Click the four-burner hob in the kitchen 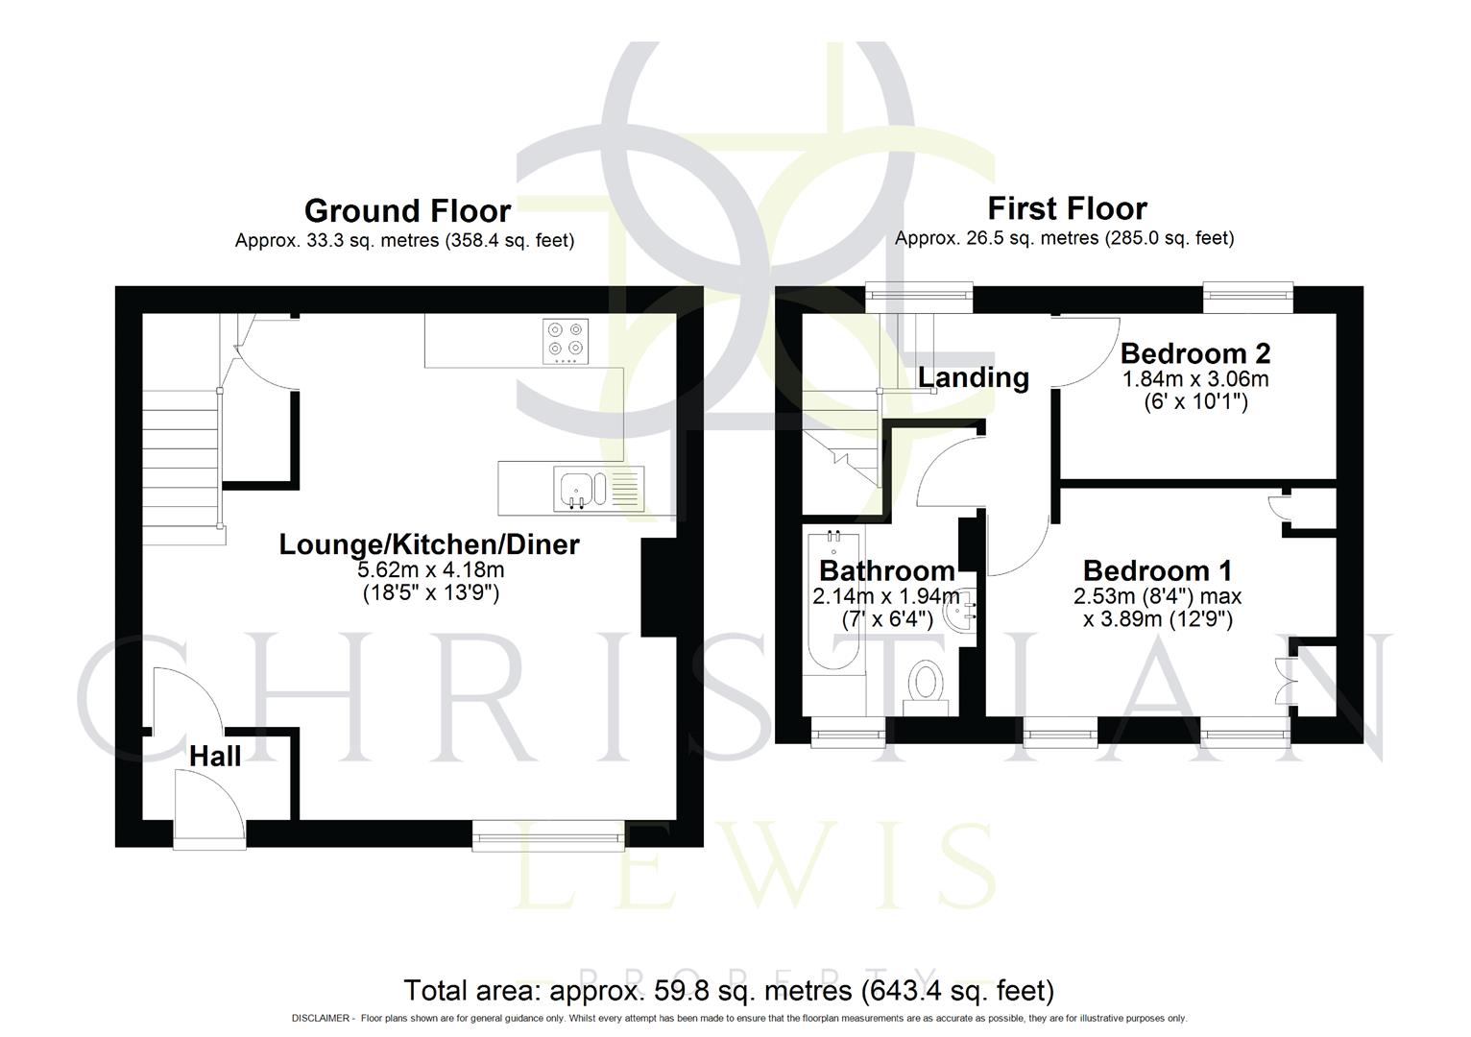click(564, 341)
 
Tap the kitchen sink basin click(577, 487)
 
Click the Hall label click(215, 757)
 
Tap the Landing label click(973, 378)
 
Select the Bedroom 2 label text click(1195, 353)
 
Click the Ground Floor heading click(407, 210)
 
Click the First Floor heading click(1067, 208)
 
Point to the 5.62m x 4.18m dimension click(429, 570)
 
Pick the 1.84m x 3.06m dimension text click(1195, 379)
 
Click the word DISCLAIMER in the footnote click(320, 1019)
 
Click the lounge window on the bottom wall click(549, 835)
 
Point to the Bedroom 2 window click(1248, 299)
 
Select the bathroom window click(848, 736)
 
